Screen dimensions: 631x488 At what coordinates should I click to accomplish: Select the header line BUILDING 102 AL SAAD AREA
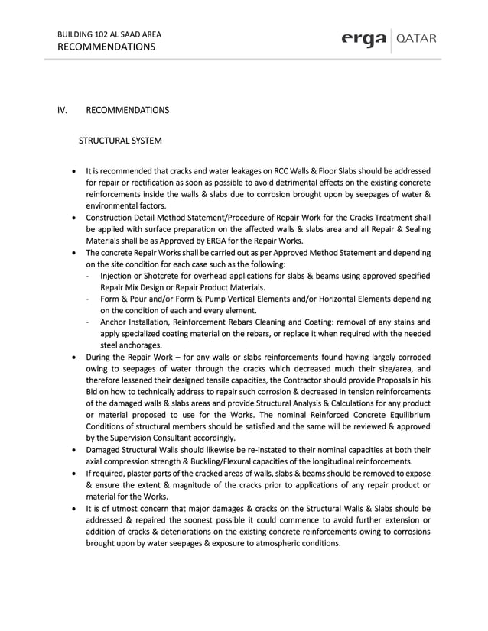pos(109,34)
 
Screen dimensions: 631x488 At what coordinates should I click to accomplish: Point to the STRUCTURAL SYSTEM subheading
pos(120,141)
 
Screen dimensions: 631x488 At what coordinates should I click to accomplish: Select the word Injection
pos(117,276)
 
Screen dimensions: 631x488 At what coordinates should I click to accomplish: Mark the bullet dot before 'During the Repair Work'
pos(73,357)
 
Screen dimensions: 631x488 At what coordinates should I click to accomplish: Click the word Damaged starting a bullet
pos(104,450)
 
